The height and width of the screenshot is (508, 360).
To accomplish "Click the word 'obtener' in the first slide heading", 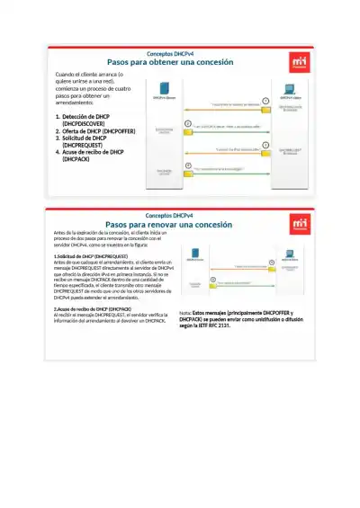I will pos(166,62).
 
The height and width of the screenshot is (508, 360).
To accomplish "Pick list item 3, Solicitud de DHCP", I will pos(85,141).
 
